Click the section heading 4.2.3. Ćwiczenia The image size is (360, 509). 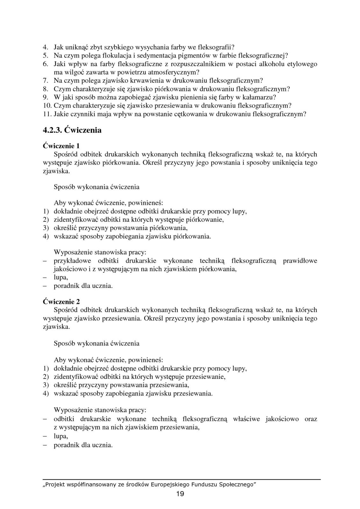tap(72, 130)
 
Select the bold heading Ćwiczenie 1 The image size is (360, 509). tap(61, 146)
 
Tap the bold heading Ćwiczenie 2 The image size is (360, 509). tap(61, 302)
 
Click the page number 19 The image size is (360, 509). tap(180, 494)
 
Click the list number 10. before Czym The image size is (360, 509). tap(47, 105)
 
